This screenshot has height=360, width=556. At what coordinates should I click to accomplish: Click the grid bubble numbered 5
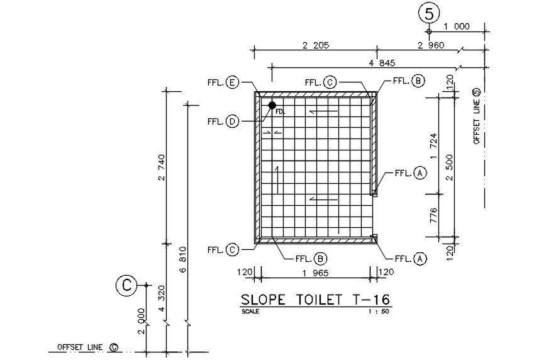(x=429, y=14)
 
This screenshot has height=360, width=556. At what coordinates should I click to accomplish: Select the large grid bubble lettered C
(x=126, y=285)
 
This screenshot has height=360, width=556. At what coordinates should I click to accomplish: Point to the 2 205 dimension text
(x=316, y=45)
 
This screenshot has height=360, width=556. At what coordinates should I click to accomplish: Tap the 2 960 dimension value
(x=430, y=45)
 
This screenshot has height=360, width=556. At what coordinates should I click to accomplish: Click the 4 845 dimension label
(x=382, y=63)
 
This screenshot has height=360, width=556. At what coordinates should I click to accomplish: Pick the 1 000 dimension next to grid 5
(x=457, y=26)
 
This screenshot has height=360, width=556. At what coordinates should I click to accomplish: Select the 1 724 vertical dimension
(x=433, y=146)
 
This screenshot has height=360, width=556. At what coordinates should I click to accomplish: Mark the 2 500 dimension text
(x=450, y=167)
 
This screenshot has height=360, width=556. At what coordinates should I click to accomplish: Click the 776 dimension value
(x=433, y=215)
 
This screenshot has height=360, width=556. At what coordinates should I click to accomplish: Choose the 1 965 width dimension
(x=315, y=273)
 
